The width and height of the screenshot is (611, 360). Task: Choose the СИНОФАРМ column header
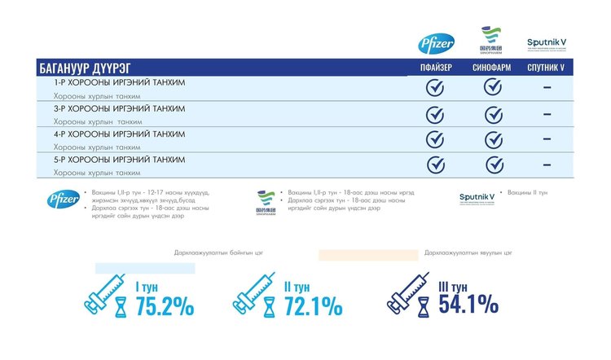click(492, 68)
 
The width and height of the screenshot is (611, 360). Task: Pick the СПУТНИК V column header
click(548, 68)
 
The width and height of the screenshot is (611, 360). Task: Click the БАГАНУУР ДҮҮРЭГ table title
click(85, 68)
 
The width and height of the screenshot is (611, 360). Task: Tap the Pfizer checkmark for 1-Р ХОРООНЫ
click(435, 88)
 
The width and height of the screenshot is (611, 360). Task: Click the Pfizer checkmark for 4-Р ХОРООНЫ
click(435, 139)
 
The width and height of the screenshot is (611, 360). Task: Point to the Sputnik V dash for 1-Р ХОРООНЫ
click(547, 88)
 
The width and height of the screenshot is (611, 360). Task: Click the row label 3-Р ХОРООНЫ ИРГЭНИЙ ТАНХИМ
click(119, 108)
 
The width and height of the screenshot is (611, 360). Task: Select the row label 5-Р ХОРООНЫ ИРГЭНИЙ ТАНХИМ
click(119, 159)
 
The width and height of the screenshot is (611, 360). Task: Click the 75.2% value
click(165, 306)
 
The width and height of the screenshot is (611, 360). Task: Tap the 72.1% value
click(313, 306)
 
